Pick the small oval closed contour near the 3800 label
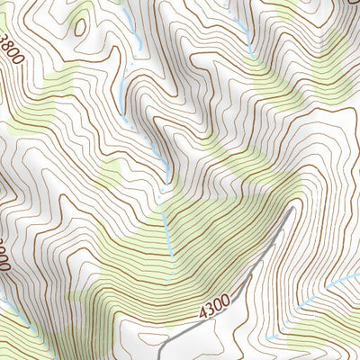[80, 26]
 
